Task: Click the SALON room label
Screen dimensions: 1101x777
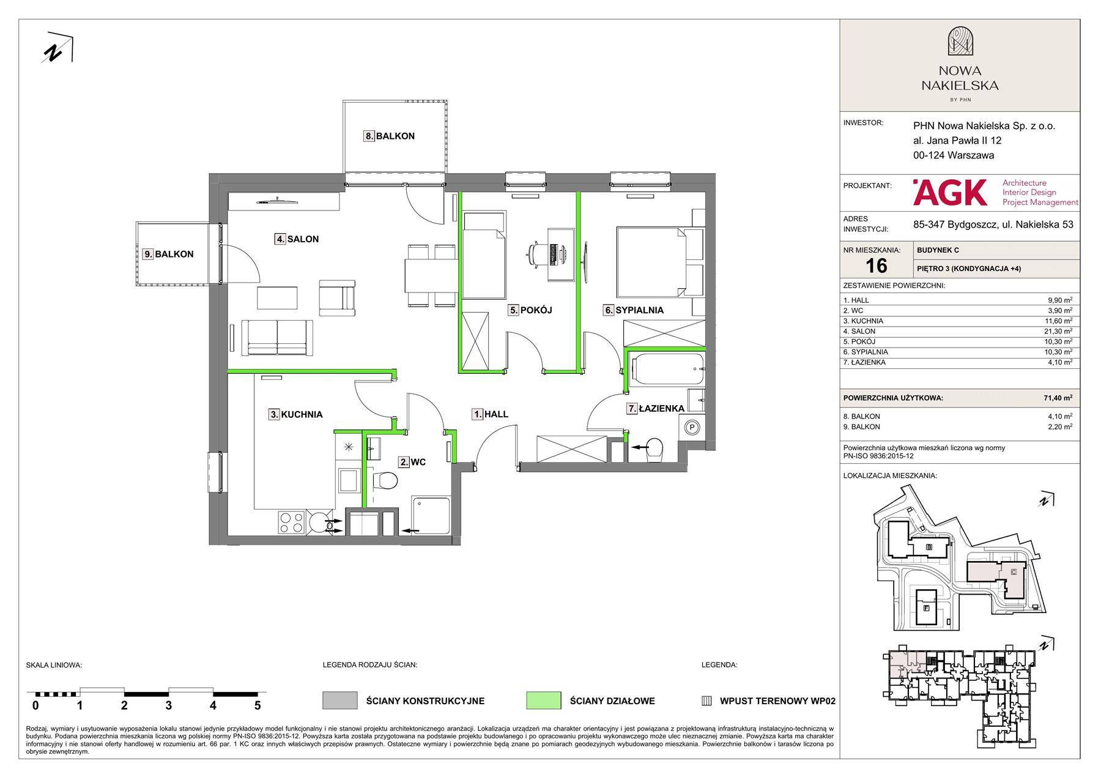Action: [297, 239]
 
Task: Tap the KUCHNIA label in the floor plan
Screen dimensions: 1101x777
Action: [296, 414]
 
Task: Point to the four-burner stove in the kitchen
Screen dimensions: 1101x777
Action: [291, 522]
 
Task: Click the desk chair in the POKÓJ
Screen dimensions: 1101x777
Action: [536, 253]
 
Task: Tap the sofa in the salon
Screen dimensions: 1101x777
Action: [278, 337]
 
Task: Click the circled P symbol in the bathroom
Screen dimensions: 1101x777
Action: [692, 427]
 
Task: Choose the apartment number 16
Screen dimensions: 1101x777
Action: [876, 266]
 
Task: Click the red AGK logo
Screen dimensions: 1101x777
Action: [950, 192]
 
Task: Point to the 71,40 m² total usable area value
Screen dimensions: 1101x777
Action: [1058, 398]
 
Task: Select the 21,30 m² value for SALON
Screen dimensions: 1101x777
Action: [1059, 331]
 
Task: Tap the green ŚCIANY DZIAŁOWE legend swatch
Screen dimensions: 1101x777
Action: [543, 701]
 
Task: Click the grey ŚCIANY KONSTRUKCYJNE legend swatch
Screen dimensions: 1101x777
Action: [339, 701]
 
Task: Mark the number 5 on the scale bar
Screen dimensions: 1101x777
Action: [258, 705]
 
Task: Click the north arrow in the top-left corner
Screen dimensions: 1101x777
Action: [57, 48]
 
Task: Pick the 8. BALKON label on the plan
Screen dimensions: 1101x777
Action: [390, 136]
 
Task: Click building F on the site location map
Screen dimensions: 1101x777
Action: [927, 608]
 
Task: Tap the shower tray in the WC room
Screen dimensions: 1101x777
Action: [431, 514]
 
